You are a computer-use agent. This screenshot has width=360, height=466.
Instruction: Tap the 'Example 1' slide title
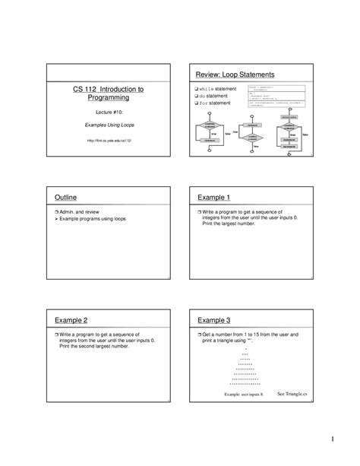tap(215, 198)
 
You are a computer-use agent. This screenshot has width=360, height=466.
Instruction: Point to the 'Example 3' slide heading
tap(215, 321)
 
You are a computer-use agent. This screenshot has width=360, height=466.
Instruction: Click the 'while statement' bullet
tap(220, 90)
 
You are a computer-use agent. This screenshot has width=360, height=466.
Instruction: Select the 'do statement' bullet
tap(216, 97)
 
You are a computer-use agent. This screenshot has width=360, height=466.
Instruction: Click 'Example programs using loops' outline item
tap(95, 218)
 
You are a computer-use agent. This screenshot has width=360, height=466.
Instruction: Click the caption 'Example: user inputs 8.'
tap(244, 395)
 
